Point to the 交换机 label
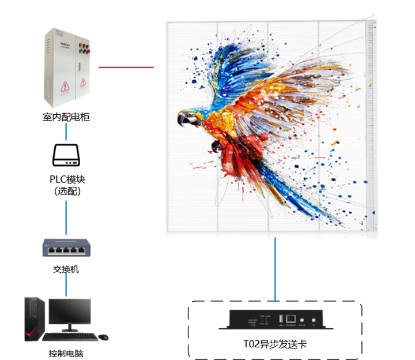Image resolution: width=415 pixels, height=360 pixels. coord(66,269)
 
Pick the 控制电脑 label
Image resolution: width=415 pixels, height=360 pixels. coord(66,352)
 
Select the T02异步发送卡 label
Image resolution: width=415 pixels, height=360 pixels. coord(276,344)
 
